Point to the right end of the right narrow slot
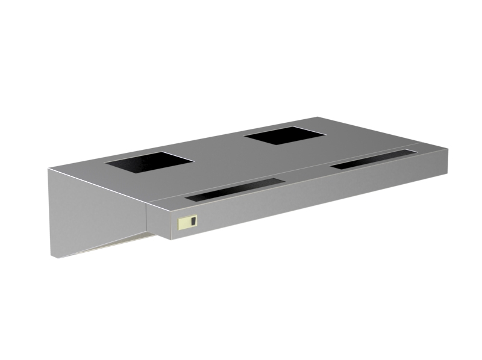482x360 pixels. pos(414,151)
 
